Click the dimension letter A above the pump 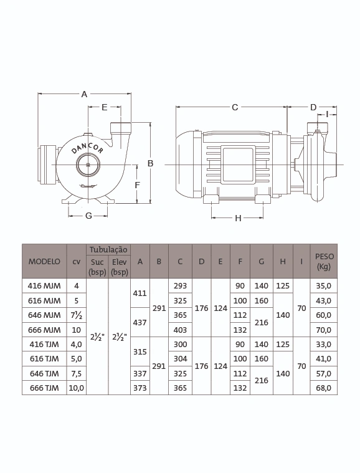click(85, 94)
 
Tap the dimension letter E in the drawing click(104, 107)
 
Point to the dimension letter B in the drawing click(150, 163)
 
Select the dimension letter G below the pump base click(88, 216)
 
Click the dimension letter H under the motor click(238, 218)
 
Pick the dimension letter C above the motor click(235, 107)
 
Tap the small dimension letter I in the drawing click(327, 114)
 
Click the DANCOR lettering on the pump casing click(87, 148)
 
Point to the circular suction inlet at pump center click(88, 165)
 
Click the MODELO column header click(44, 262)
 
